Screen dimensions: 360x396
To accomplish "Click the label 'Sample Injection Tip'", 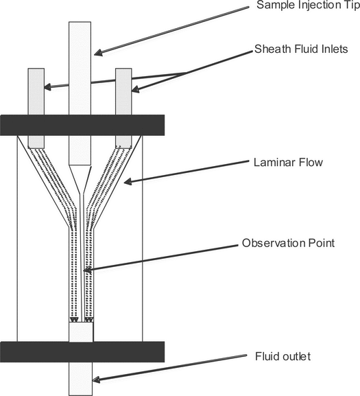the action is click(x=309, y=5).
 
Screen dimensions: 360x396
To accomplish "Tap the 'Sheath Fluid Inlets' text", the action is click(x=301, y=49).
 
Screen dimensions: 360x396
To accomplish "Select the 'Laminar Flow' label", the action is click(x=289, y=163).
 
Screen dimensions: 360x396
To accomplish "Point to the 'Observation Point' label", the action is click(x=289, y=243).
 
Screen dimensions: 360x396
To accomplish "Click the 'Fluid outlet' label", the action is click(x=283, y=357).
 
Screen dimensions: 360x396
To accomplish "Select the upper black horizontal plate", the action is click(x=82, y=126).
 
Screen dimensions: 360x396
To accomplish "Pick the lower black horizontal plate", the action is click(x=82, y=352).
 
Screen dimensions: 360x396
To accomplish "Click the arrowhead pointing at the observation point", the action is click(x=87, y=270).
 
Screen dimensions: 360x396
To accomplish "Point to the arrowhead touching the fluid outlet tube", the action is click(x=96, y=380).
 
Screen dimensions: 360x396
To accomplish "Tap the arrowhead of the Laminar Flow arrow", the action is click(x=128, y=182).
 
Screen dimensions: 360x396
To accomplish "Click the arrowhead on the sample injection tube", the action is click(x=98, y=53).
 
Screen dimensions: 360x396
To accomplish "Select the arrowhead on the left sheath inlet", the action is click(x=48, y=87).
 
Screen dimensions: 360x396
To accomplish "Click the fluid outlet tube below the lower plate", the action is click(x=81, y=379).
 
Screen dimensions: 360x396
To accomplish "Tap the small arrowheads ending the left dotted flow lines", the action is click(x=74, y=320).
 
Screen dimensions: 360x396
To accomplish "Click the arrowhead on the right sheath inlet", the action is click(x=135, y=90).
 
